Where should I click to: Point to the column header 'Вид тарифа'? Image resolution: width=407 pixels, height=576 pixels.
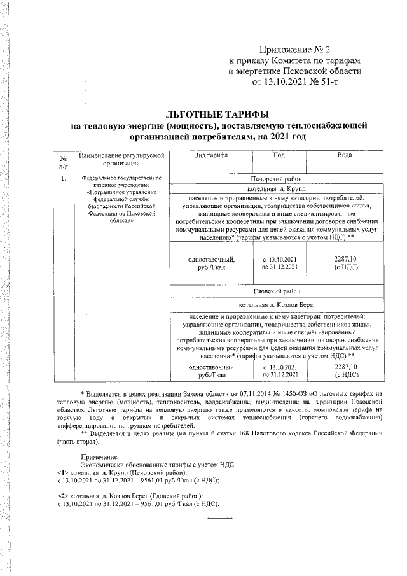point(212,156)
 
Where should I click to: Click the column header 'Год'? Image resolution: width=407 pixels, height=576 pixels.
point(279,156)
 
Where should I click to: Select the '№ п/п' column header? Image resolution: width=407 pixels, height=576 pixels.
point(64,161)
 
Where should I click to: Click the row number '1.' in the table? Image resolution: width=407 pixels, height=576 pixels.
point(64,179)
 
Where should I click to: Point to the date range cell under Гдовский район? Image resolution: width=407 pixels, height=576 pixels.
point(279,371)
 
